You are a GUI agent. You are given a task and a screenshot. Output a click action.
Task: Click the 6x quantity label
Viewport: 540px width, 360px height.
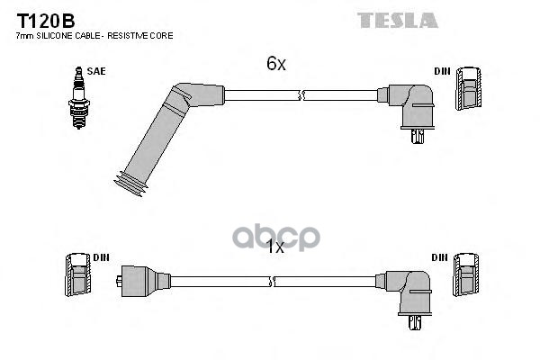click(x=275, y=64)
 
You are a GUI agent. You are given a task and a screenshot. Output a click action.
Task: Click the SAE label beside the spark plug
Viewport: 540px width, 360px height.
click(x=95, y=69)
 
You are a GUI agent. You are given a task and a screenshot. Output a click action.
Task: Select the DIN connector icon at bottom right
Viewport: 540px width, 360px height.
click(x=465, y=273)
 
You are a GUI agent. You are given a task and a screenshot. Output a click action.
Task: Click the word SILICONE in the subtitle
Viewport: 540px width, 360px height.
click(x=53, y=35)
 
